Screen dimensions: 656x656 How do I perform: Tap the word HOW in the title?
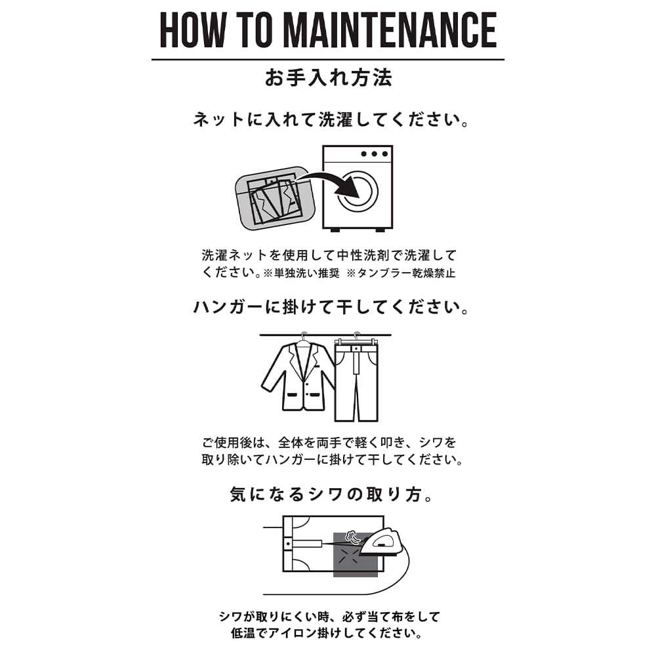(x=193, y=30)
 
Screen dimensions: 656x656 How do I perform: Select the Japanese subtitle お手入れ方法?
(x=329, y=78)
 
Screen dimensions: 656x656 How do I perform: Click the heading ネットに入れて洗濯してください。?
(x=330, y=119)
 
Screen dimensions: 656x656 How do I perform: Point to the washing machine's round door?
(x=358, y=191)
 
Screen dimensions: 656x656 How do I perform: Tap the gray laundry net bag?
(x=274, y=198)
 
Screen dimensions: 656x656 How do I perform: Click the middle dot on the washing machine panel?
(x=375, y=154)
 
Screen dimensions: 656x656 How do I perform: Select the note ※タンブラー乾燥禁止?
(x=401, y=273)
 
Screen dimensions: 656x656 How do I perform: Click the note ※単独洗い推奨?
(x=301, y=273)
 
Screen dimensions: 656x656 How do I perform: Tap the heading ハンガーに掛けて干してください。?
(x=330, y=308)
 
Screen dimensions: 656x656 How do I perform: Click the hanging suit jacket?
(x=298, y=375)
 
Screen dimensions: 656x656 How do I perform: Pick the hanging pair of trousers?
(x=356, y=380)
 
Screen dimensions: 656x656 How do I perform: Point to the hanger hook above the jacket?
(x=304, y=335)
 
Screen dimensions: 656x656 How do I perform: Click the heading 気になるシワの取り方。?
(x=330, y=495)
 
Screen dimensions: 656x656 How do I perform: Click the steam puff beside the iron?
(x=352, y=537)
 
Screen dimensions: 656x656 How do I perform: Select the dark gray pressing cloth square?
(x=356, y=555)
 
